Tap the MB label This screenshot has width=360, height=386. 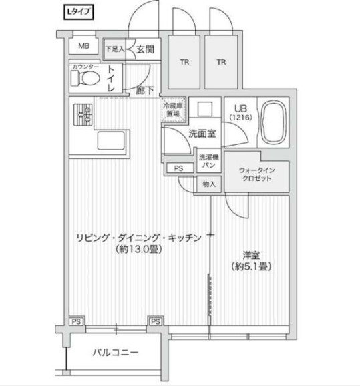tap(83, 46)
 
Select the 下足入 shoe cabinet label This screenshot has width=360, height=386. tap(116, 49)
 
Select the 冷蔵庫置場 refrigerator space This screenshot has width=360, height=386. tap(174, 110)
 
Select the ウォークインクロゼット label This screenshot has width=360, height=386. tap(256, 176)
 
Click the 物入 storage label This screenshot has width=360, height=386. tap(208, 184)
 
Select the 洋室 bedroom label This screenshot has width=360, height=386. tap(251, 254)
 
